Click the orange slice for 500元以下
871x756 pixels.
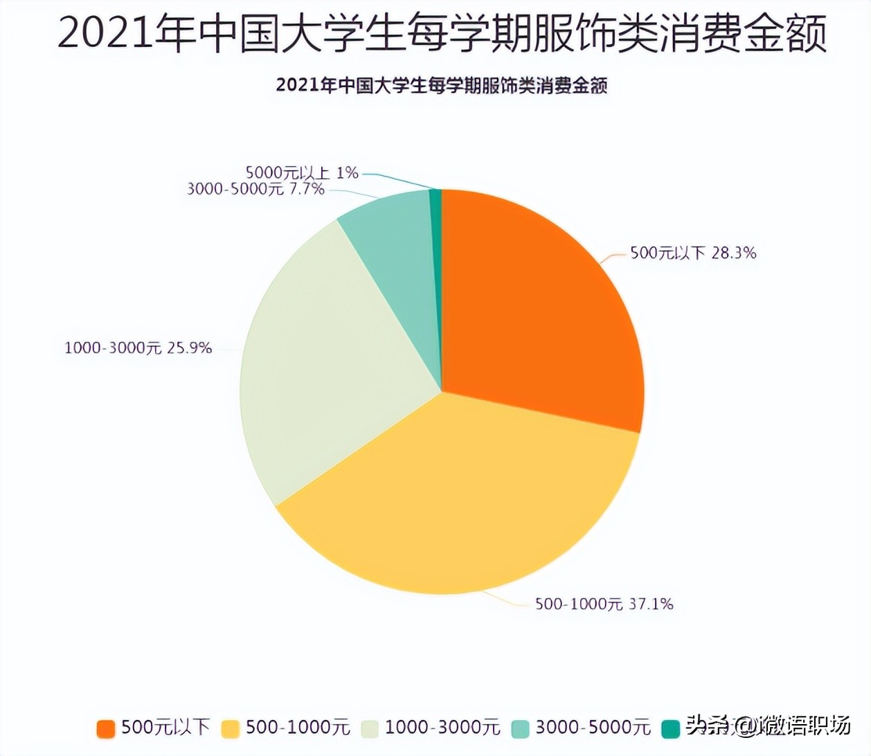540,305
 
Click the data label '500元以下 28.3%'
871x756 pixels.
692,253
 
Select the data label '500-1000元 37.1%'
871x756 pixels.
604,604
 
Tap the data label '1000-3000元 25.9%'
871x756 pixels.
138,348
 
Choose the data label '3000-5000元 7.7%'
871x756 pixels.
255,189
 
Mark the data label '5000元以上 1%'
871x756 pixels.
302,172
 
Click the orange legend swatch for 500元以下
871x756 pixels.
106,728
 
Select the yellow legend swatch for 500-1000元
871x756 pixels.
231,728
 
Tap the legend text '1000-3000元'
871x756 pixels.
442,728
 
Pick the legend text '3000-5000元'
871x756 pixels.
593,728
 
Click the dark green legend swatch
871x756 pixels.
670,728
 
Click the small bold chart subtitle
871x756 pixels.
442,86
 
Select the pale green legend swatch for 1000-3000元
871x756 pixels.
369,728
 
